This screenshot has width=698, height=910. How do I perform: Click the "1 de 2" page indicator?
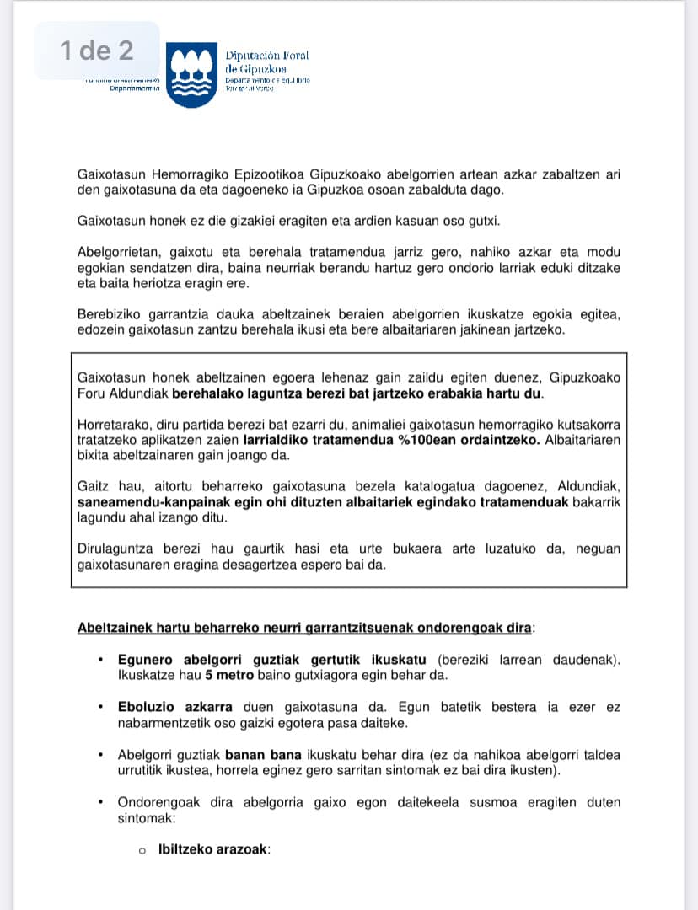tap(97, 51)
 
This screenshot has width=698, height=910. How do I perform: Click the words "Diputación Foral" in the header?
tap(266, 56)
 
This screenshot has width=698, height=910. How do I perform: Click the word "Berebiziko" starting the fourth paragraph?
tap(110, 314)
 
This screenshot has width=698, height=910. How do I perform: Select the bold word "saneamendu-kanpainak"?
tap(145, 502)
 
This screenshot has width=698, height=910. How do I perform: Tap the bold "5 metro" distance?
tap(232, 675)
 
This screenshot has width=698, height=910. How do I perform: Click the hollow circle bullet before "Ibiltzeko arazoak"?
tap(143, 851)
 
